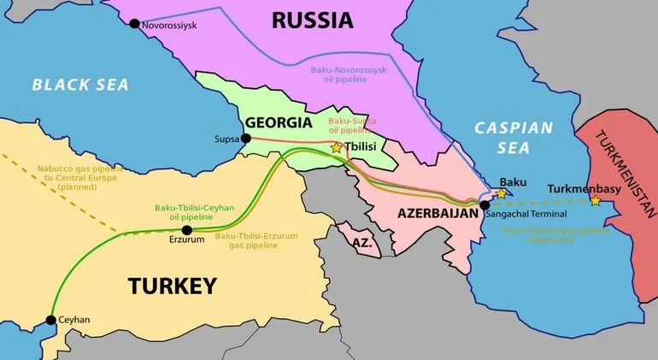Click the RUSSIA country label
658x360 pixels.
313,20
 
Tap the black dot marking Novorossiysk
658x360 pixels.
134,24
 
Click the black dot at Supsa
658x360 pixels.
246,139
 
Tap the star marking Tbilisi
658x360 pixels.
337,147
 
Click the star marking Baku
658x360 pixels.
502,194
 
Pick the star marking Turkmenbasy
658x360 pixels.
595,201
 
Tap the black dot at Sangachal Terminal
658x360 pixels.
485,205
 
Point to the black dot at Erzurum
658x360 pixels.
187,230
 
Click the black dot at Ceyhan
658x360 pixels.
51,320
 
